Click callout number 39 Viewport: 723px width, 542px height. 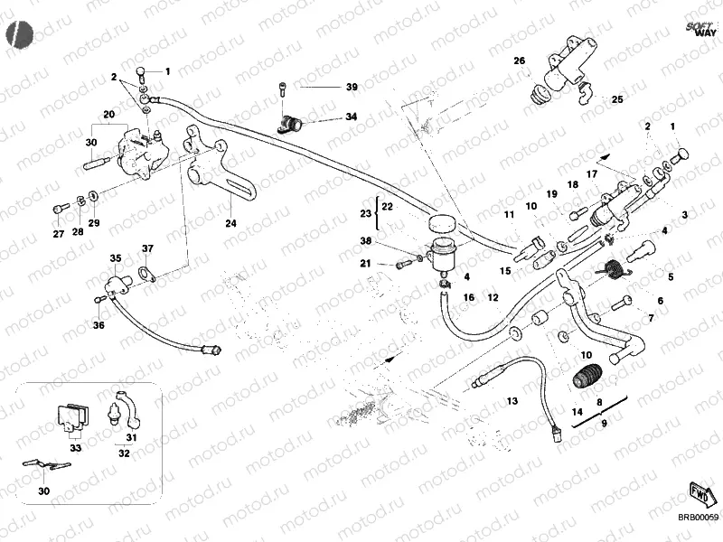click(352, 87)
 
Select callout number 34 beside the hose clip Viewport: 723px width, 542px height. click(352, 117)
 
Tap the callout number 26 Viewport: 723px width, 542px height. click(520, 61)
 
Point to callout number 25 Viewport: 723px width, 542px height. click(617, 99)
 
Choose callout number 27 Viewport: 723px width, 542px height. click(58, 235)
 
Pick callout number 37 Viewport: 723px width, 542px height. click(147, 248)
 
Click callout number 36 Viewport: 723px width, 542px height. click(99, 325)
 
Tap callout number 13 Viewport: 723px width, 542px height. click(512, 400)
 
